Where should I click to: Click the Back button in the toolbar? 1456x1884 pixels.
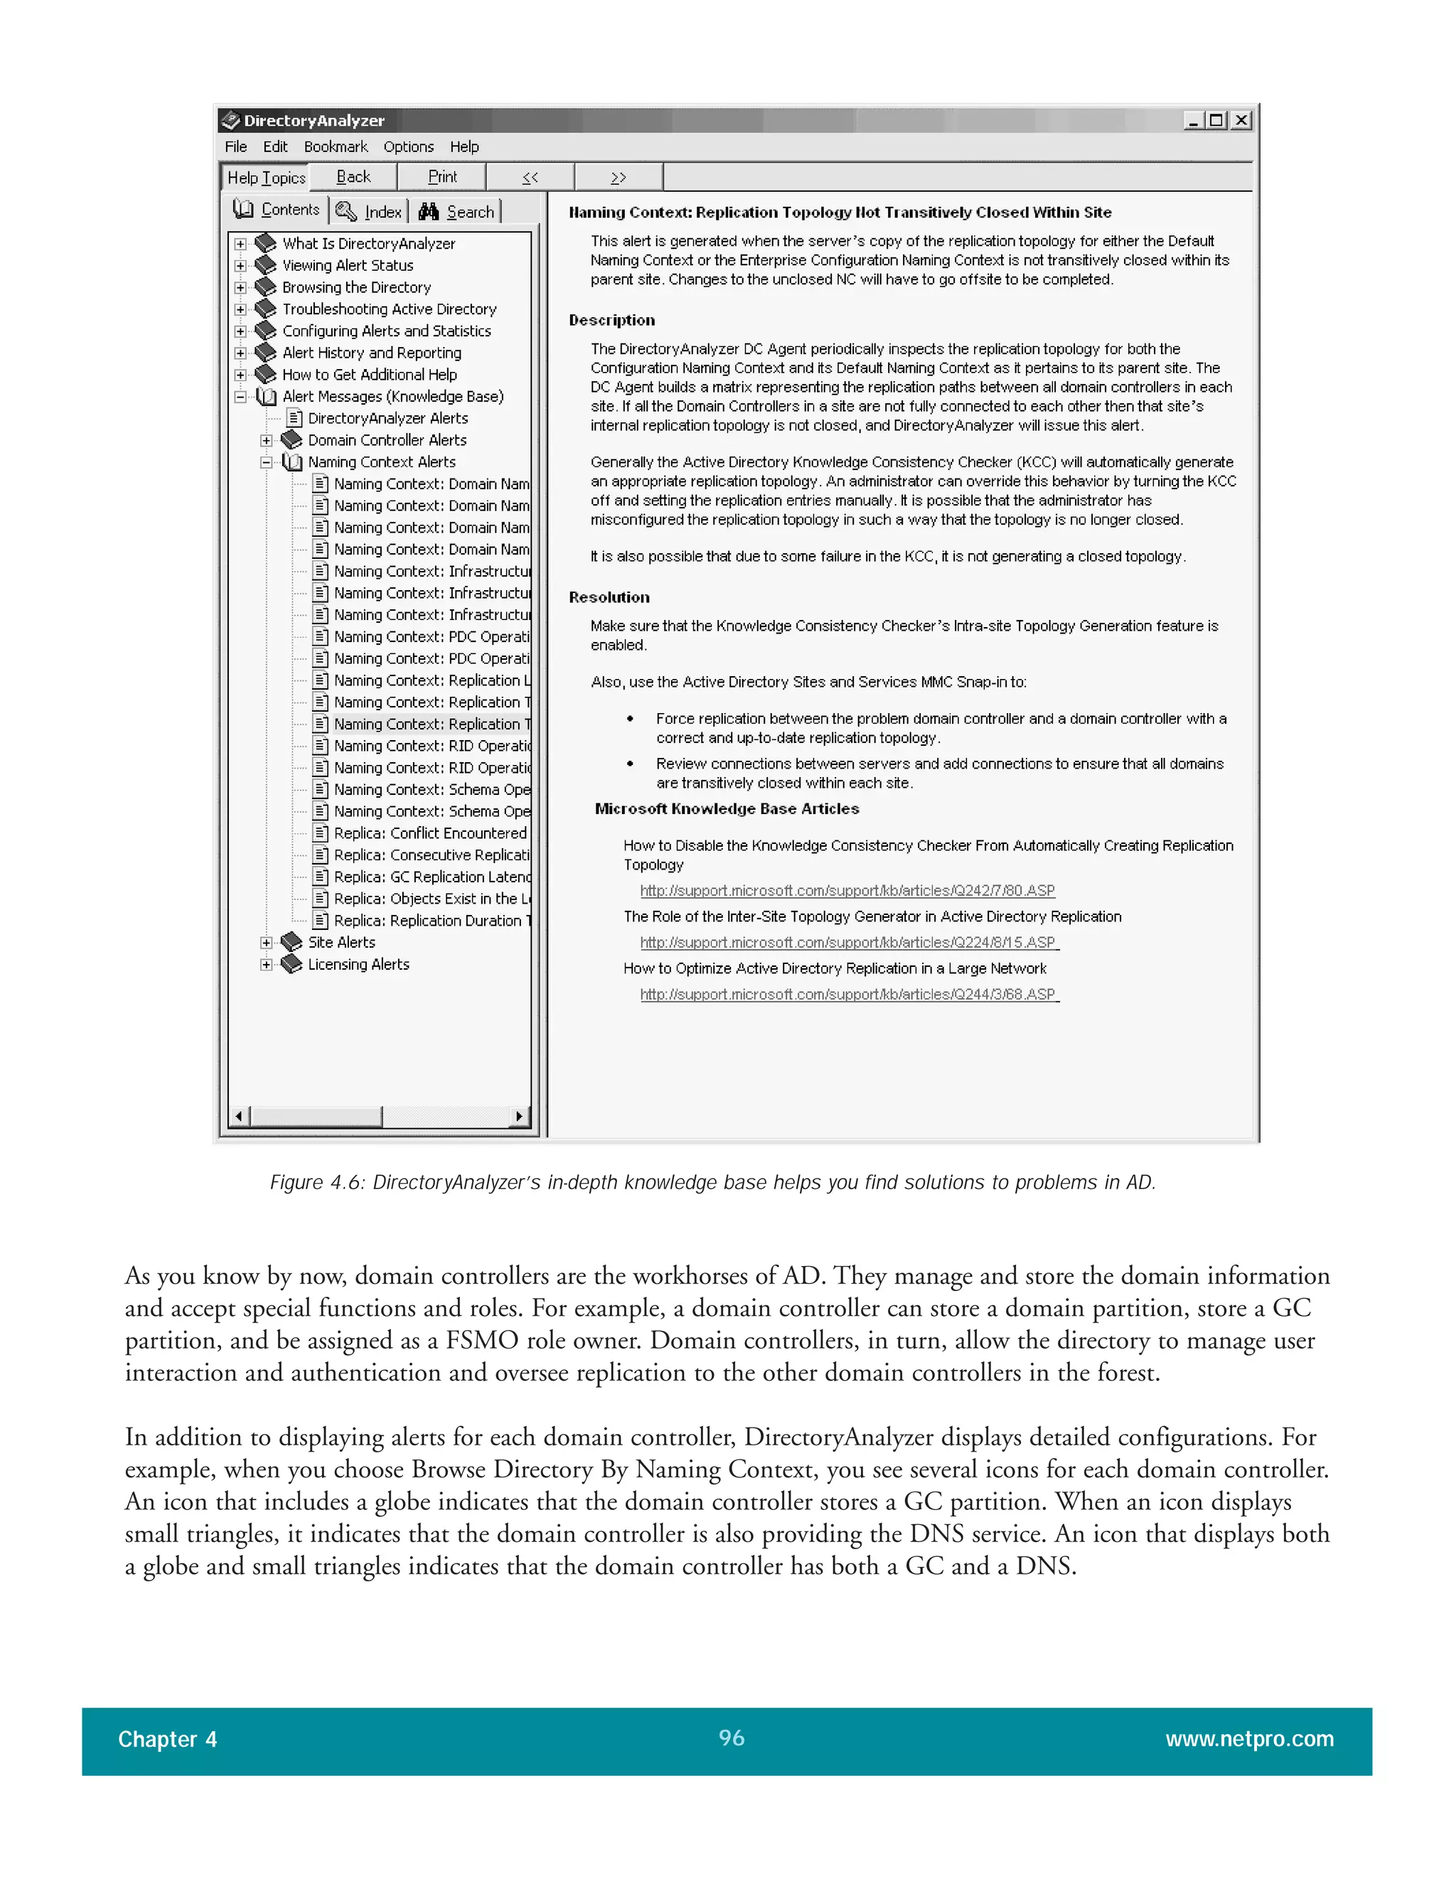pyautogui.click(x=353, y=177)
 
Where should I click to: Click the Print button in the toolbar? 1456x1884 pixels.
pyautogui.click(x=441, y=177)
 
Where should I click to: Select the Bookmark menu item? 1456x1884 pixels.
pyautogui.click(x=336, y=146)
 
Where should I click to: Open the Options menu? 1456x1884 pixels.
pyautogui.click(x=408, y=146)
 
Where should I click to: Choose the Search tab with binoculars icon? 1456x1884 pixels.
pyautogui.click(x=457, y=211)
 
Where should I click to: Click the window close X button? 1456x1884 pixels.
pyautogui.click(x=1241, y=121)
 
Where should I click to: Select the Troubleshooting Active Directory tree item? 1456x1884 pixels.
pyautogui.click(x=389, y=309)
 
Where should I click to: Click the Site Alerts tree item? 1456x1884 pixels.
pyautogui.click(x=341, y=942)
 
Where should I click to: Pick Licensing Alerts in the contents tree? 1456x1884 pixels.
pyautogui.click(x=358, y=965)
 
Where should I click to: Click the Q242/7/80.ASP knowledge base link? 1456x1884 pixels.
pyautogui.click(x=847, y=890)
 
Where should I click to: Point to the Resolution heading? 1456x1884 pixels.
pyautogui.click(x=609, y=597)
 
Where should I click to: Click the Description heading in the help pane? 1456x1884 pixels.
pyautogui.click(x=611, y=320)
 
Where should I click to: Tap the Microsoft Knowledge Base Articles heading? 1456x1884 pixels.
pyautogui.click(x=727, y=808)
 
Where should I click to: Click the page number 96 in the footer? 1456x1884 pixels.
pyautogui.click(x=731, y=1738)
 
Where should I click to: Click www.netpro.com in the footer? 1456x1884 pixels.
pyautogui.click(x=1248, y=1738)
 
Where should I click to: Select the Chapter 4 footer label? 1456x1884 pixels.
pyautogui.click(x=167, y=1739)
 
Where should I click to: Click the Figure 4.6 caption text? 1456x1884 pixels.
pyautogui.click(x=712, y=1182)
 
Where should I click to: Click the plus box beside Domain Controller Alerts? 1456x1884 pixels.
pyautogui.click(x=267, y=440)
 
